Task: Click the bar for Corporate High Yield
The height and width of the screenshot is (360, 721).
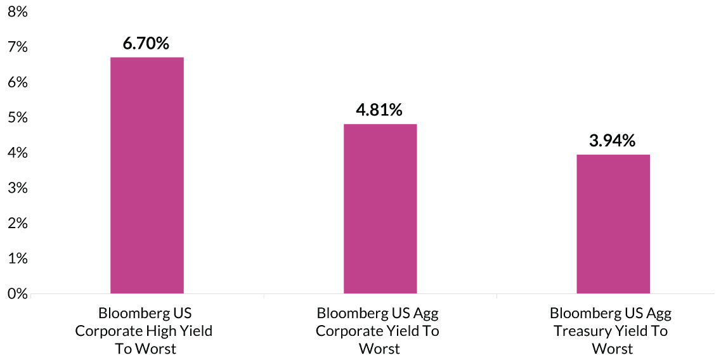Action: (147, 176)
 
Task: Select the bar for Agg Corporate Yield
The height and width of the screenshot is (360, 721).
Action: (380, 209)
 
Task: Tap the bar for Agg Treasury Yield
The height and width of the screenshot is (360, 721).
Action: (613, 224)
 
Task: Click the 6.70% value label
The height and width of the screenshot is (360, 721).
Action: (146, 44)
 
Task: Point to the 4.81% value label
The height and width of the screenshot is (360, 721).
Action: (379, 110)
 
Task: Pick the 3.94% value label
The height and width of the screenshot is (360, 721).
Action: (612, 141)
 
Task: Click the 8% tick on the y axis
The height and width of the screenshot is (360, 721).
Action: (18, 12)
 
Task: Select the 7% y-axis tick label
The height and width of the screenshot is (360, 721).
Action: (18, 48)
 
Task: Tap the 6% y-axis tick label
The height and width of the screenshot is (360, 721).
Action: (18, 82)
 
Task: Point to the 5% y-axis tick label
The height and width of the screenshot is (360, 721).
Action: (18, 118)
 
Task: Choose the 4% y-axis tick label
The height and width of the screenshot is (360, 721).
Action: (18, 153)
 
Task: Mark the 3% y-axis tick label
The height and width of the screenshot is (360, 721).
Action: (18, 188)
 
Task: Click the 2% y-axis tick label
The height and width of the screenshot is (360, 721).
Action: (18, 223)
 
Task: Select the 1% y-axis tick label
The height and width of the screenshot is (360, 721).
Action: (18, 259)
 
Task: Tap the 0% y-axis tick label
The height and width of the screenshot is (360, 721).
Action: (18, 293)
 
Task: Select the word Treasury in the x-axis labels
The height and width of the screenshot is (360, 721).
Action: (583, 331)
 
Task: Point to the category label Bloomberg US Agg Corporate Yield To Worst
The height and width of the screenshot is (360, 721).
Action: (379, 331)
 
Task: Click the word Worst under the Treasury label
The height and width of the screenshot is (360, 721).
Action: (612, 349)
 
